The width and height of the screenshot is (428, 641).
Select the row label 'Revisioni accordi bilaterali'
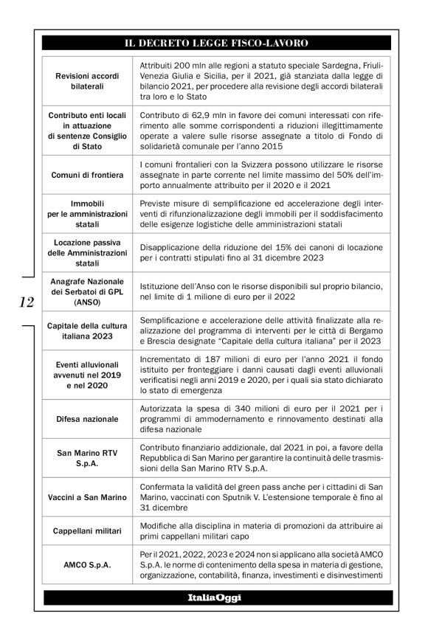[89, 80]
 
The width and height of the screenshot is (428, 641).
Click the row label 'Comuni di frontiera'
[89, 175]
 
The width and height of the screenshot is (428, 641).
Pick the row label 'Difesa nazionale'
[89, 419]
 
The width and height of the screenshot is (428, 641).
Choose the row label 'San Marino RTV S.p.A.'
[89, 458]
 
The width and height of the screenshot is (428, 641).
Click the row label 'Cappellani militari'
[89, 530]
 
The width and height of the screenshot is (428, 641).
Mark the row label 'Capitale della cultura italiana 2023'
[89, 331]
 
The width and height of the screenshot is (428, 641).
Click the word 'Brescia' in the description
[156, 342]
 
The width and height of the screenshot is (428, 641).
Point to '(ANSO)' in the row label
[89, 301]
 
